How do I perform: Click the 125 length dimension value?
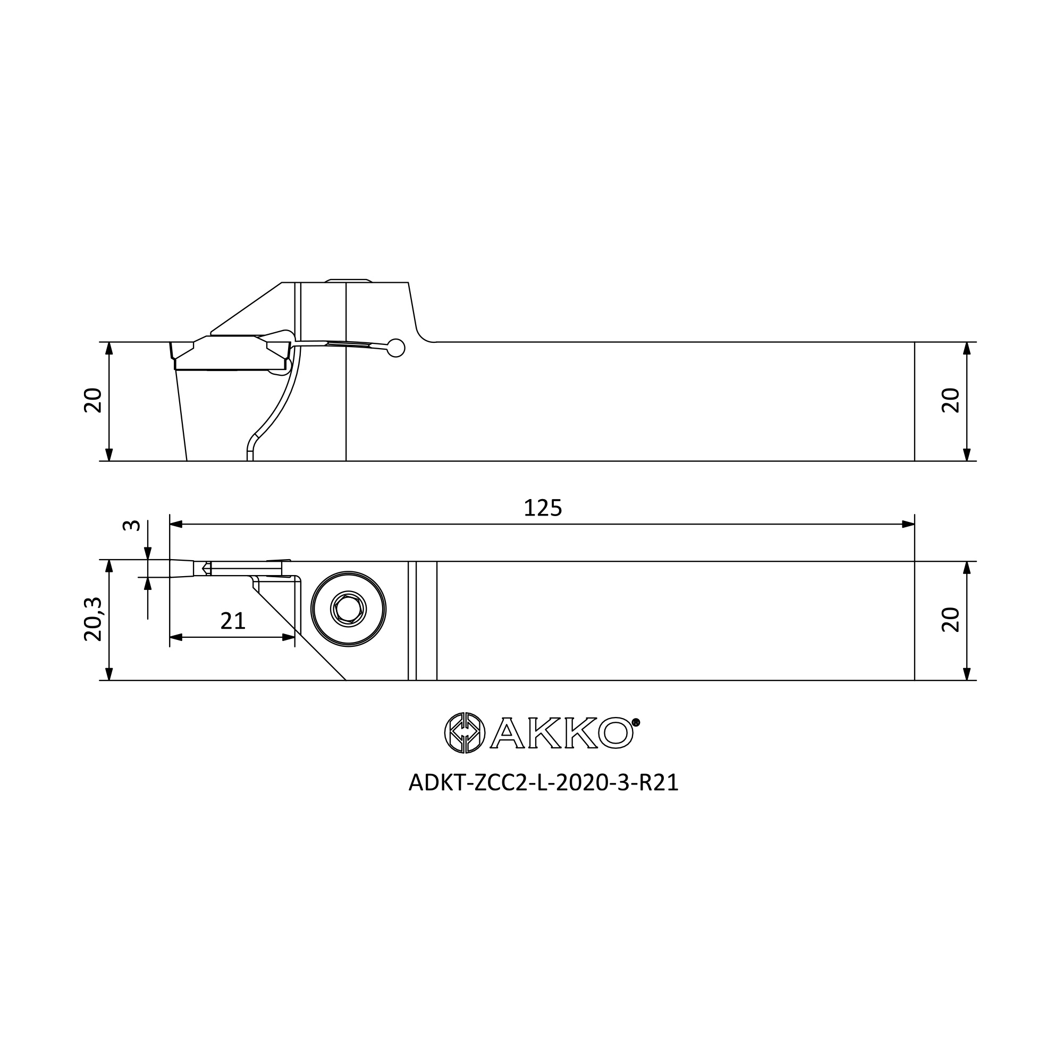(543, 508)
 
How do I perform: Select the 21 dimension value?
(233, 621)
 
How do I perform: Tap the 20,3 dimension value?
(93, 620)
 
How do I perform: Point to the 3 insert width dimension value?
(131, 526)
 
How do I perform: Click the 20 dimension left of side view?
(93, 401)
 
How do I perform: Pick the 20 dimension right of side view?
(951, 401)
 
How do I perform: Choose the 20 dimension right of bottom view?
(951, 620)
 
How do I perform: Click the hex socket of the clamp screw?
(348, 609)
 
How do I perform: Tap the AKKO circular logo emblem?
(465, 733)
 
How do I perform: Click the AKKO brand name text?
(561, 733)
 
